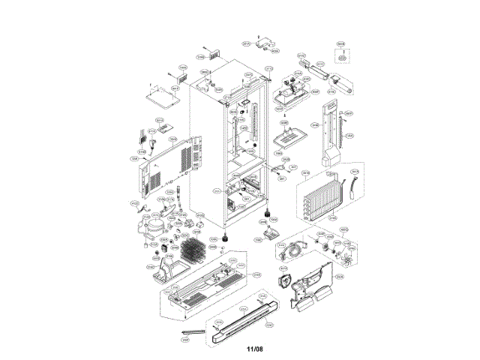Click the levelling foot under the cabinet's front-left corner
click(225, 238)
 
